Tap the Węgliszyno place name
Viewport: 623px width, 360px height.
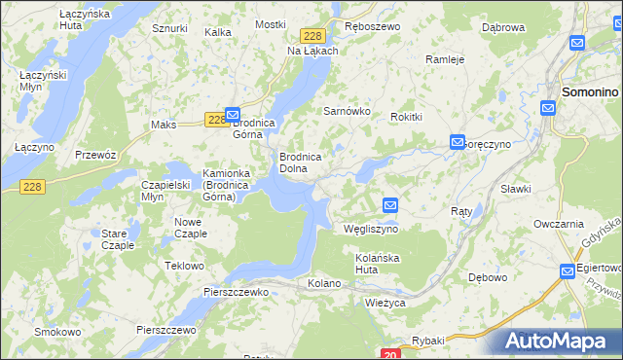(x=371, y=230)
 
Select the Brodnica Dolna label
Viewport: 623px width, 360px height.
(x=308, y=162)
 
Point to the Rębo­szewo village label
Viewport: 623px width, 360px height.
(x=372, y=26)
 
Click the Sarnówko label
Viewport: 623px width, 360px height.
(x=348, y=111)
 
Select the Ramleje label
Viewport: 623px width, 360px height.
(x=446, y=58)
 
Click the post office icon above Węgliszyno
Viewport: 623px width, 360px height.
(x=390, y=205)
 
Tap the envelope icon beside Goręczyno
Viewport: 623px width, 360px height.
(x=457, y=142)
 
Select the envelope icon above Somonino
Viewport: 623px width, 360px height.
(x=577, y=43)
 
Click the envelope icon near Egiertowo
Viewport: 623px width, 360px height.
(x=568, y=271)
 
